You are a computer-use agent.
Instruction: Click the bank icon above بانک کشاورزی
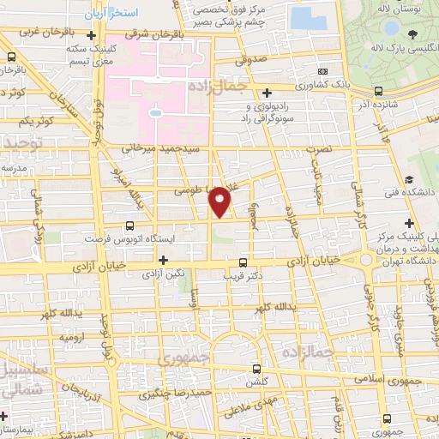322,72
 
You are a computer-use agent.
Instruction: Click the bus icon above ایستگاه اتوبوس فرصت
129,226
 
